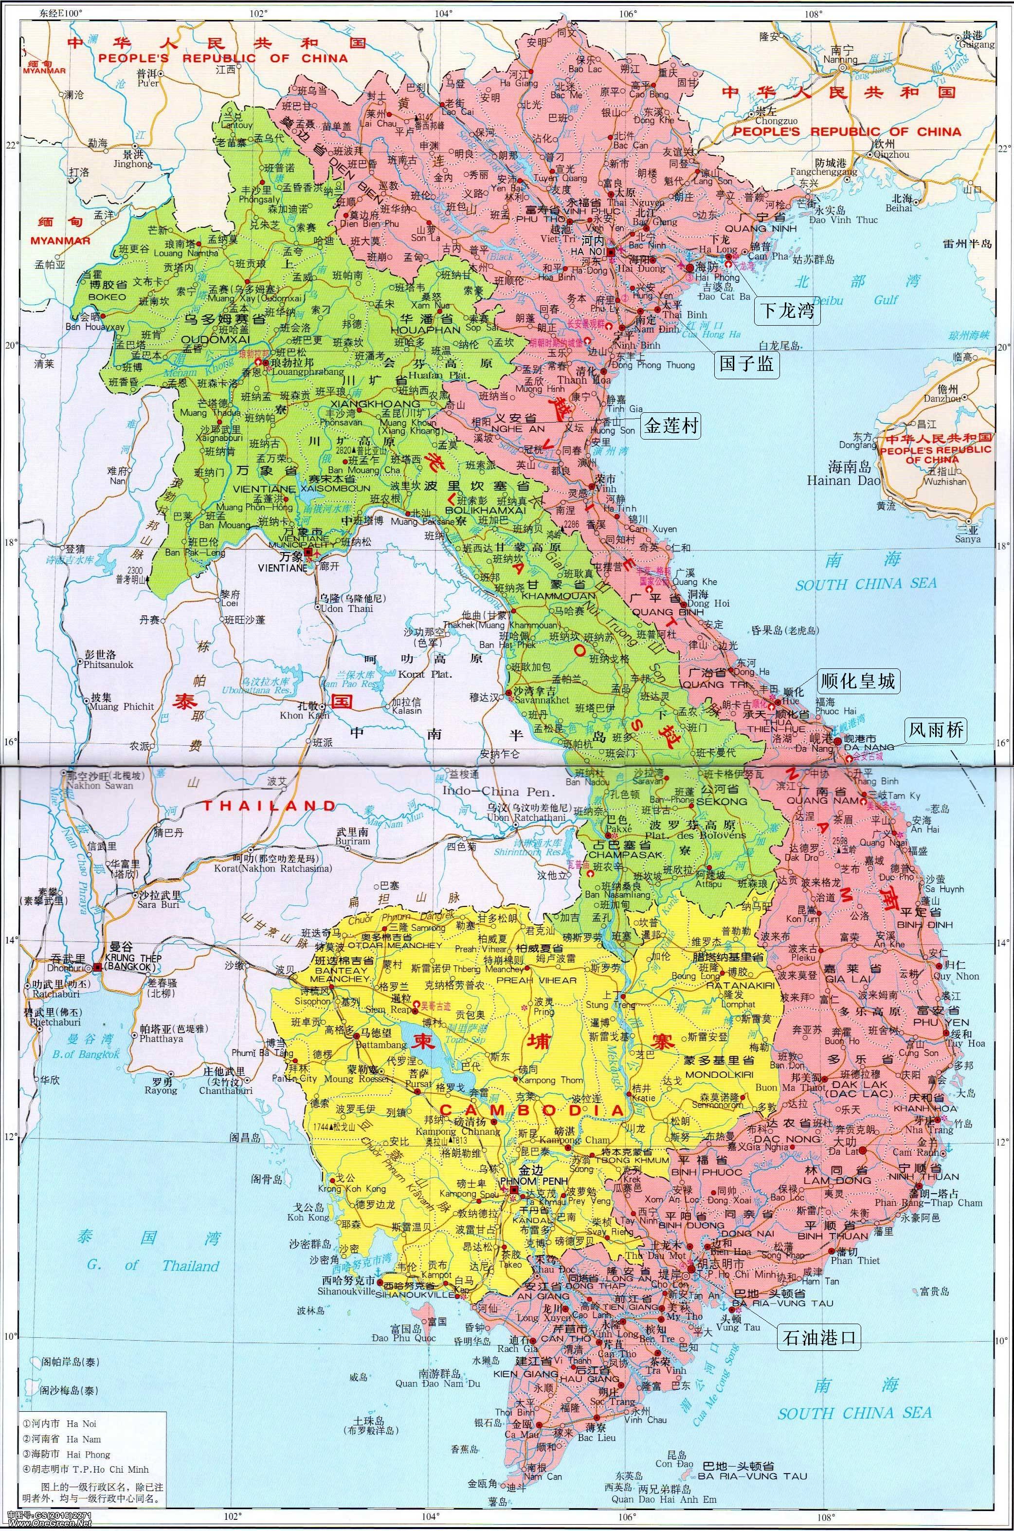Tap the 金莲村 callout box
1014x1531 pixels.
tap(671, 425)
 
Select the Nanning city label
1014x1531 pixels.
tap(843, 59)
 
